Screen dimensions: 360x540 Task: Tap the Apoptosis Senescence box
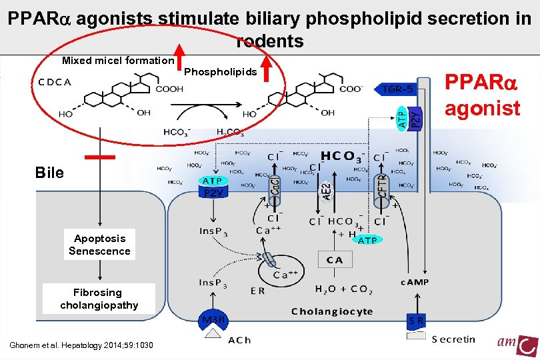100,245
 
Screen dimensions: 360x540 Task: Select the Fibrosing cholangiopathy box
99,299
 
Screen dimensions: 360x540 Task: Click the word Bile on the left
50,173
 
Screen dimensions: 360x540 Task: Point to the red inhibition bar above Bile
100,157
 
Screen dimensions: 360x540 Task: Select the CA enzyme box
335,260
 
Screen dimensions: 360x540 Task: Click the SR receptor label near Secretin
416,321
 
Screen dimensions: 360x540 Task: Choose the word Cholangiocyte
332,311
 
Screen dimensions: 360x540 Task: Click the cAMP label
415,282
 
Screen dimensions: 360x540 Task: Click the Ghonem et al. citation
81,345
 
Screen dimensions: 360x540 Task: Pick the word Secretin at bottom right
453,339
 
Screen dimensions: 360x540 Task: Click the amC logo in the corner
517,344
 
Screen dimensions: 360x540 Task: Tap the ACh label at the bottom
239,340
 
